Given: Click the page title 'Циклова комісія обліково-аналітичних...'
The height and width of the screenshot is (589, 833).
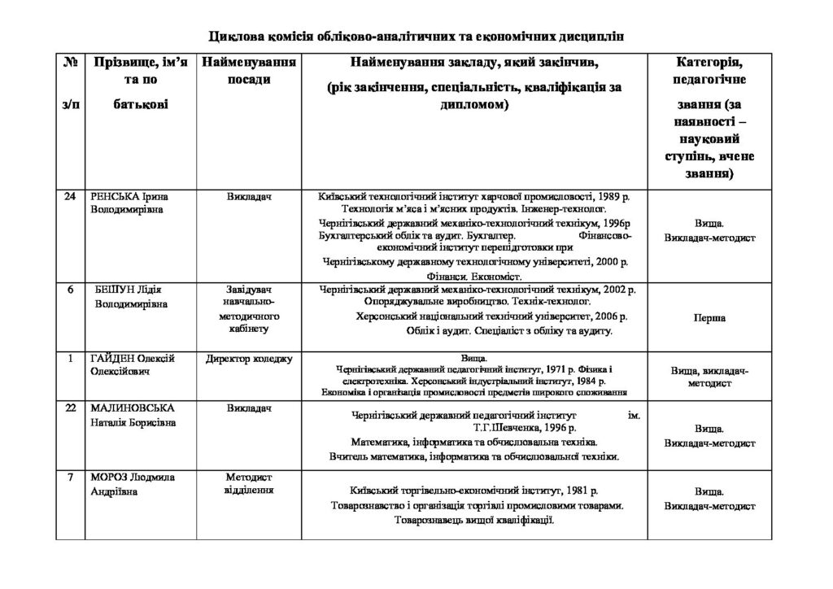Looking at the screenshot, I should tap(416, 36).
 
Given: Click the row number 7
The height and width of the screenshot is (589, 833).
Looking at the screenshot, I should tap(70, 476).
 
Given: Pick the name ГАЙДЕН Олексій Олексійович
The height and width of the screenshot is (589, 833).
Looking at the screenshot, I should tap(133, 364).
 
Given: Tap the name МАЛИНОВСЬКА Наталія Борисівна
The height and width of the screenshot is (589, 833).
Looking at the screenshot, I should tap(133, 415).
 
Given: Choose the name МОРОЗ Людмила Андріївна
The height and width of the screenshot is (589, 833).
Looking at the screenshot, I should tap(130, 483).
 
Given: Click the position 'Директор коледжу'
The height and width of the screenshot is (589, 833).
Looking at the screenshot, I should tap(248, 359).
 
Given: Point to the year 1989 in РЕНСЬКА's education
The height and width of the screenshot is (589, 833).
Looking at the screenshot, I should tap(612, 197).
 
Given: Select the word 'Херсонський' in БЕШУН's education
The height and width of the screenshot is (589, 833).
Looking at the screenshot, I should tap(389, 316).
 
